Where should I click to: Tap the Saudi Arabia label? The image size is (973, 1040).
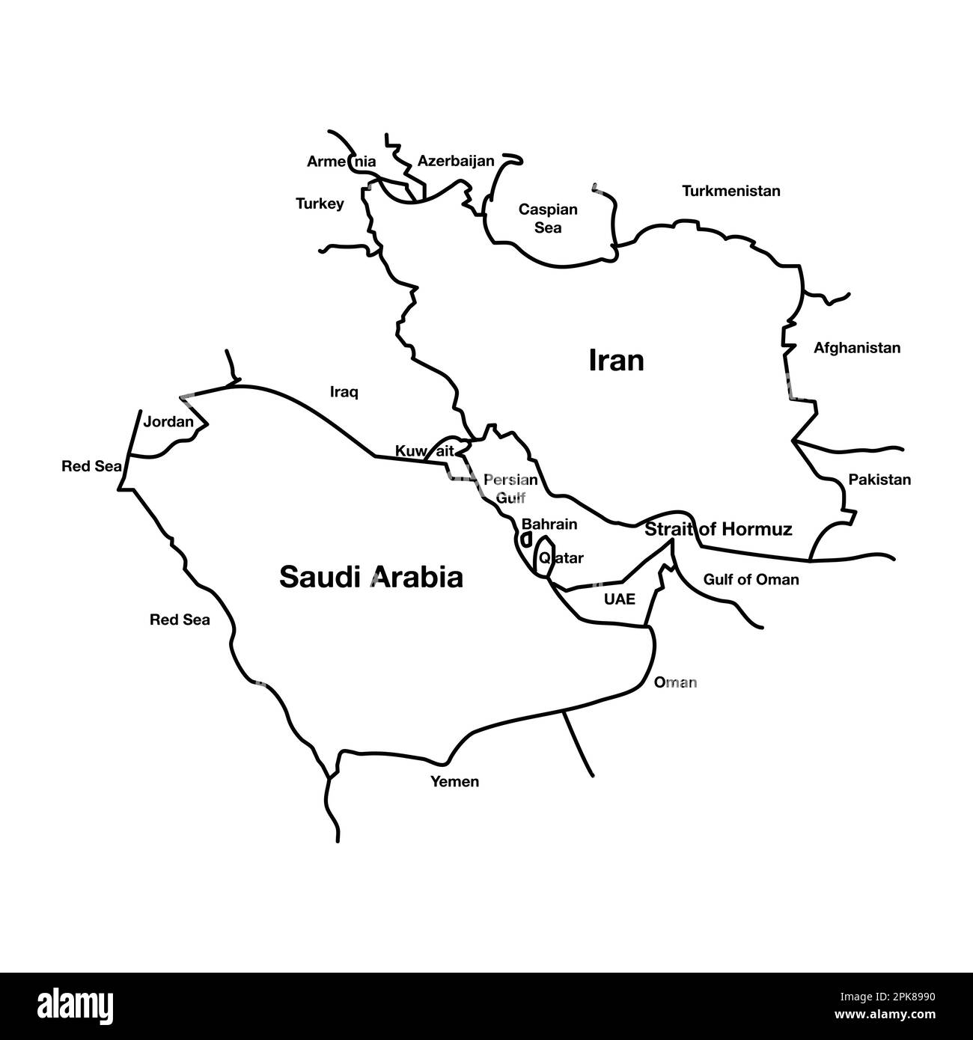point(371,578)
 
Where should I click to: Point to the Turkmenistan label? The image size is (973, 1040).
point(730,191)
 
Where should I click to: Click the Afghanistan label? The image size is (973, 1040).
point(857,348)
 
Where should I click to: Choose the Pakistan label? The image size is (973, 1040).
point(879,480)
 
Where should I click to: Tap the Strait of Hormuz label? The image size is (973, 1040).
point(718,530)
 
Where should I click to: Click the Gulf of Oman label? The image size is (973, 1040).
point(751,579)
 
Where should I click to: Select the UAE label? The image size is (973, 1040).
point(619,599)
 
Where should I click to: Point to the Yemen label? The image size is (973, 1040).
point(454,782)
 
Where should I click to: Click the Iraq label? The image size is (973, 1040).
point(344,391)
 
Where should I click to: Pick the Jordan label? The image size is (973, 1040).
point(168,422)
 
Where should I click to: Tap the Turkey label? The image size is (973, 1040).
point(320,204)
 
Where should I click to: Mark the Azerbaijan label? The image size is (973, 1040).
point(456,161)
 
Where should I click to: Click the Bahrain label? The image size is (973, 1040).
point(549,524)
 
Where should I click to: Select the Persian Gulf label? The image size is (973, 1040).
point(510,488)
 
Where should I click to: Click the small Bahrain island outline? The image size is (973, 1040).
point(526,539)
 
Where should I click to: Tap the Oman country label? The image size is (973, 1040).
point(675,682)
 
